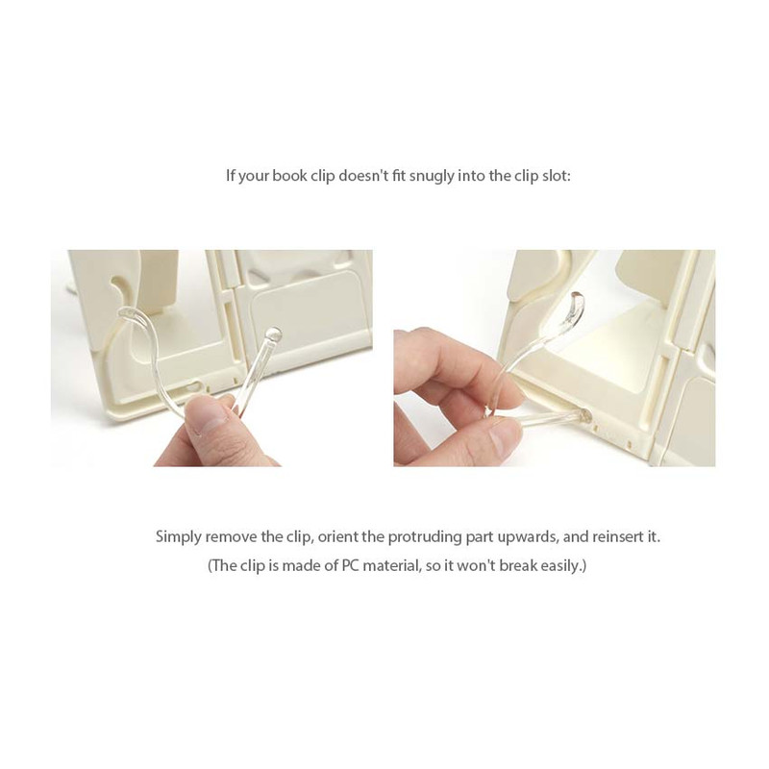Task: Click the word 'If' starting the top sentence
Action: pos(230,177)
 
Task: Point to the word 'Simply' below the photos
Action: pos(179,536)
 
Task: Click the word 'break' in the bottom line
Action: pos(509,565)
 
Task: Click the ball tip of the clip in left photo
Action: pos(274,335)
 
